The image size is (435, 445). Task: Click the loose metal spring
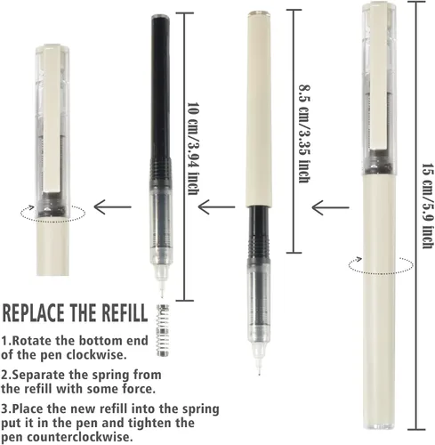(163, 330)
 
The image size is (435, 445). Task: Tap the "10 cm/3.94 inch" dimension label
(192, 149)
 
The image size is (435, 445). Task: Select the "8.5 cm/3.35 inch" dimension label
(304, 133)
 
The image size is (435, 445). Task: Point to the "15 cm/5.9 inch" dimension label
(428, 206)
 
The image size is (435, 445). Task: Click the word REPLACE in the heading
(33, 312)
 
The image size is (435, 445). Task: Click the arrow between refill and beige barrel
(217, 206)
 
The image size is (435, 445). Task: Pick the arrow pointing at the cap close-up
(112, 206)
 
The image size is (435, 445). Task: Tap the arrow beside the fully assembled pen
(330, 207)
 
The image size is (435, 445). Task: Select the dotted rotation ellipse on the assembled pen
(381, 272)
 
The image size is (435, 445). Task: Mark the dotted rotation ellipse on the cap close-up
(52, 221)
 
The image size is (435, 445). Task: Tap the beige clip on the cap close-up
(52, 118)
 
